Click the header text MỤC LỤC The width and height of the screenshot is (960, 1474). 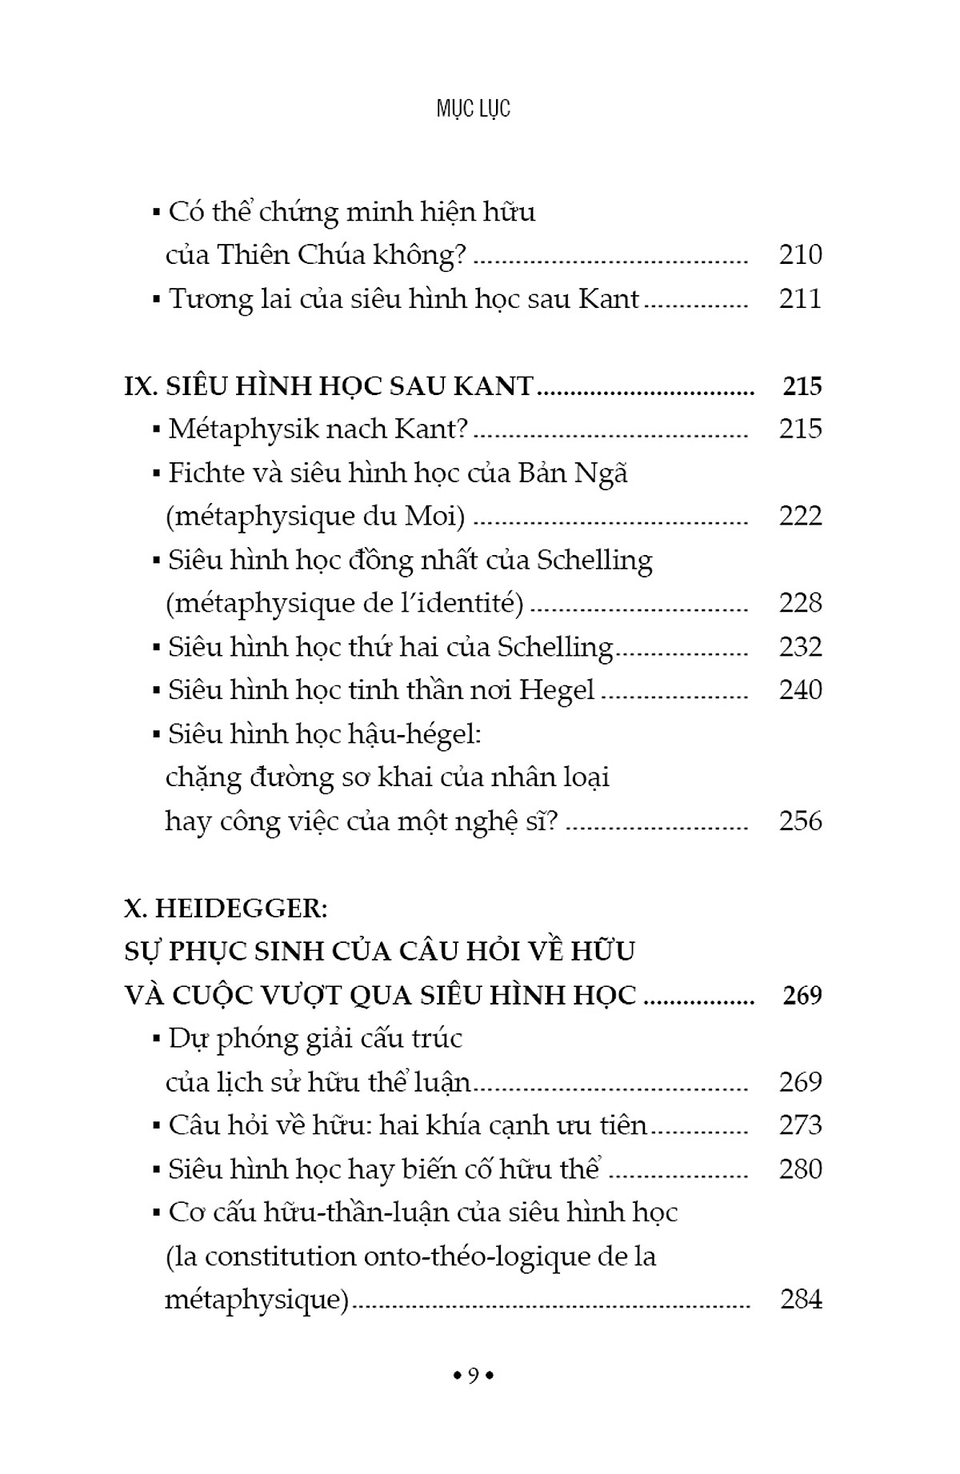(473, 109)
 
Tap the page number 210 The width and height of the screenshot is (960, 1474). (800, 254)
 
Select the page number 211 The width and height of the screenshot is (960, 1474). (800, 298)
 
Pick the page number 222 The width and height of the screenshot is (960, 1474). (800, 516)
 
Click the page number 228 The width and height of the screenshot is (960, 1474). (800, 603)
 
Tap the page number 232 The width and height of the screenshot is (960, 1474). (800, 646)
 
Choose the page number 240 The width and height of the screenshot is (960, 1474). (800, 690)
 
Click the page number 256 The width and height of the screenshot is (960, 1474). (800, 821)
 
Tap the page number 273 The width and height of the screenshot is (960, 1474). (800, 1125)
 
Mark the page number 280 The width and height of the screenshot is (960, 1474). (800, 1169)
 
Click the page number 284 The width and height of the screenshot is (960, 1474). (801, 1300)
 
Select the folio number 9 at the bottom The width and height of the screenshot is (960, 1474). (474, 1376)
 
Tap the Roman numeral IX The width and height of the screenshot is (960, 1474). (140, 386)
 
